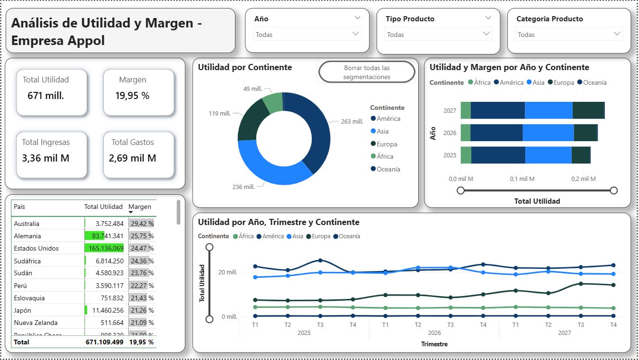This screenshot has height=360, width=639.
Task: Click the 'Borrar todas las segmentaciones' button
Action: [367, 72]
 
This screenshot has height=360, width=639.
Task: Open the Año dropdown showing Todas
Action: [307, 34]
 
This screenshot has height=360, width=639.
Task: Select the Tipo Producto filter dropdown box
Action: [438, 34]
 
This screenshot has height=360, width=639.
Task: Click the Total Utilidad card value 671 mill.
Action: [46, 96]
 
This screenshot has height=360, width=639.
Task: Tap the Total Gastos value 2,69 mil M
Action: [133, 158]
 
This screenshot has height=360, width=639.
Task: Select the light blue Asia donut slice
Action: [265, 168]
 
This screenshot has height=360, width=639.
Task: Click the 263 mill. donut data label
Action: [352, 122]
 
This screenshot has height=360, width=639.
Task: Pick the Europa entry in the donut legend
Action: [387, 144]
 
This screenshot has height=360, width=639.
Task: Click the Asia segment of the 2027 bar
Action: [549, 110]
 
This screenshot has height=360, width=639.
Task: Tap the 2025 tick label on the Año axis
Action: [450, 155]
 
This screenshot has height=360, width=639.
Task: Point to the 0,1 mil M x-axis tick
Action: [522, 179]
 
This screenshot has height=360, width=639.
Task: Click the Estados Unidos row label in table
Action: [36, 248]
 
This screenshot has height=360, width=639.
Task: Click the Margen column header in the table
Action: [140, 207]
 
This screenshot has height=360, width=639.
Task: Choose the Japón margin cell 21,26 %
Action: [142, 310]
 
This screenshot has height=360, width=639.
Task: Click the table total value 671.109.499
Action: [104, 342]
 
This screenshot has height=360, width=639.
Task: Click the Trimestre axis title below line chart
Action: [434, 344]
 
